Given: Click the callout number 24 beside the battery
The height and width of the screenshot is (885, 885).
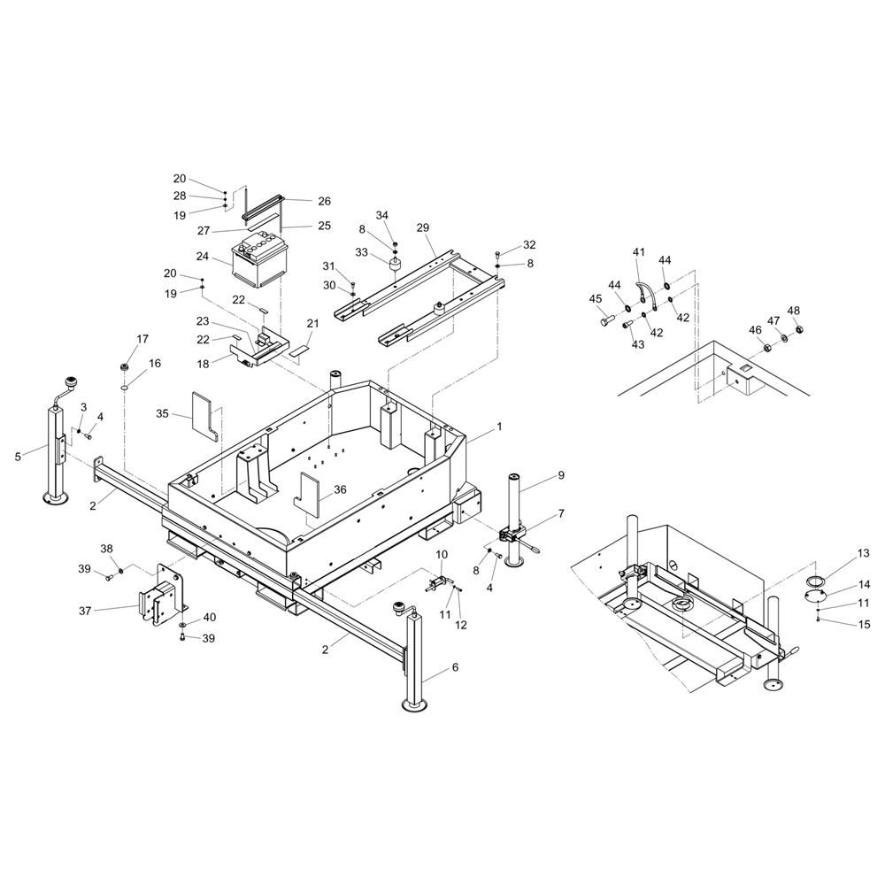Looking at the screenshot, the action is coord(203,257).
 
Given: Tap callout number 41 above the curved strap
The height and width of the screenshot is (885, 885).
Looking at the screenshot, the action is coord(638,251).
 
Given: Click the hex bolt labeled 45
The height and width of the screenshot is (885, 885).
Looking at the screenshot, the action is coord(608,321).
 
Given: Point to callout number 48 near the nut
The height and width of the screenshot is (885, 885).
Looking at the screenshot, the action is coord(794,311).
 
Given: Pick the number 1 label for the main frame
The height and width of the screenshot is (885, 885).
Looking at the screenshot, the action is coord(499,427).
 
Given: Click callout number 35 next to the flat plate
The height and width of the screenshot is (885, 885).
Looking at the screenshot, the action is coord(162,413).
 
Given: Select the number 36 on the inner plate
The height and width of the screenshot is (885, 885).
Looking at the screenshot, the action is coord(340,489).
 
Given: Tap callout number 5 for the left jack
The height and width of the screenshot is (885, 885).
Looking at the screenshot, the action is coord(18,457).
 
